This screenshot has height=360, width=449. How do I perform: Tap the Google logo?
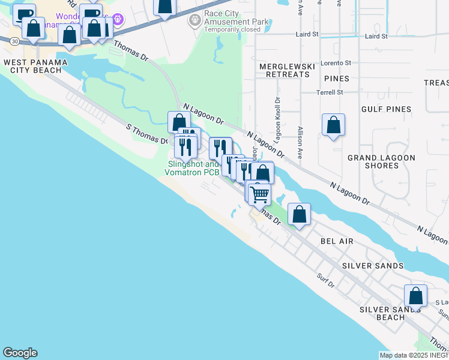coord(20,353)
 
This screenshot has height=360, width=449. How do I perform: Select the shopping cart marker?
coord(259,194)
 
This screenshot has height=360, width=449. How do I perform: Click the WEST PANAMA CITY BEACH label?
coord(32,66)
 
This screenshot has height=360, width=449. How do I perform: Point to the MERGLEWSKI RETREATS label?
coord(284,70)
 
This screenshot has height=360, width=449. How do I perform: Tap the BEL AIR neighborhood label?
coord(337,241)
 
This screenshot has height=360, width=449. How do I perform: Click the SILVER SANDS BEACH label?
coord(390,313)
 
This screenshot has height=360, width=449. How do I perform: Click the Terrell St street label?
coord(330,92)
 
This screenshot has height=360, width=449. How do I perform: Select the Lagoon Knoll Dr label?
coord(277,120)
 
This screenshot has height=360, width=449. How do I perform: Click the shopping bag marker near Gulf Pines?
coord(333,125)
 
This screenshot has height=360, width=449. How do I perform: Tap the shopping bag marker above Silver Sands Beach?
coord(415,295)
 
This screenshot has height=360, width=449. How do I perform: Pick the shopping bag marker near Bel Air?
coord(299,214)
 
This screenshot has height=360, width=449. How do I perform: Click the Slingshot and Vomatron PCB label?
coord(193,168)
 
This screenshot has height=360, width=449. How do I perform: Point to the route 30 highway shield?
coord(13,40)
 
